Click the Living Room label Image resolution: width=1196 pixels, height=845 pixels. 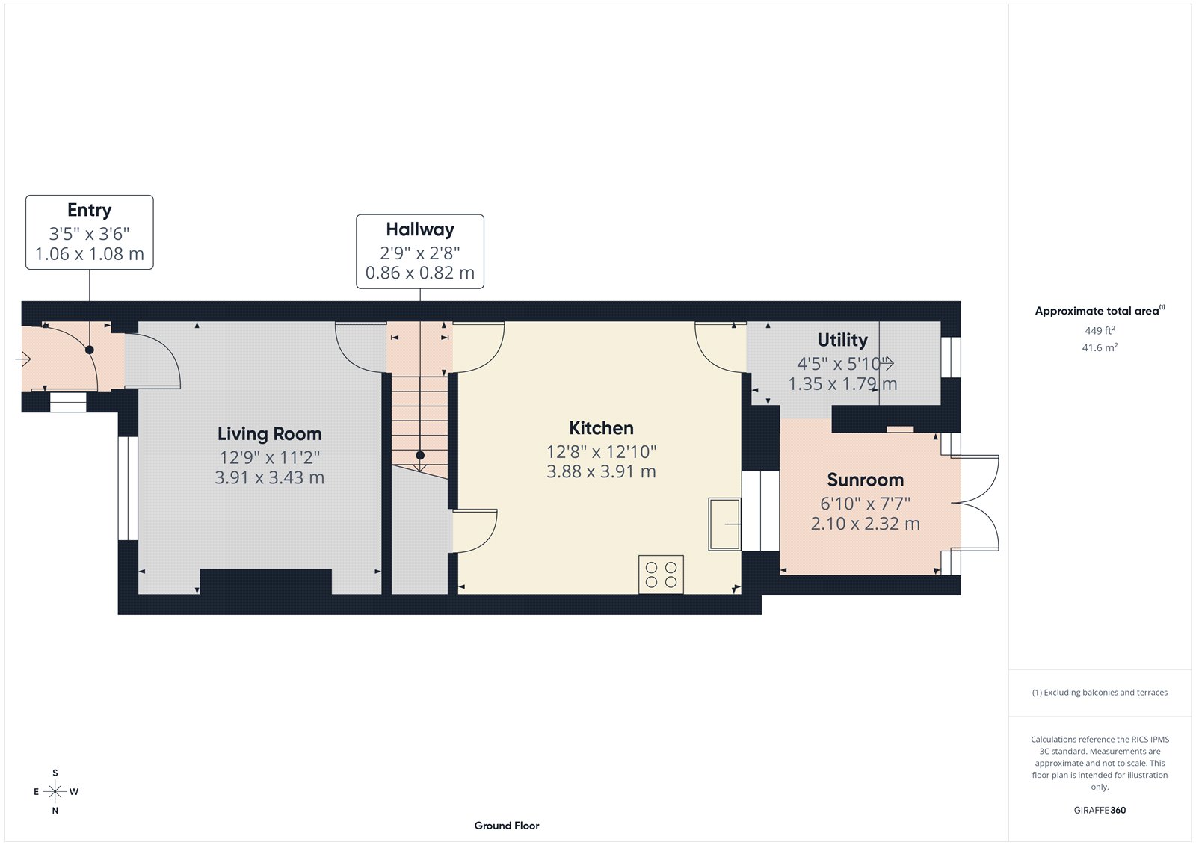click(x=269, y=434)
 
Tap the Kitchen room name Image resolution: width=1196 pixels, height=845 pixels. click(x=601, y=428)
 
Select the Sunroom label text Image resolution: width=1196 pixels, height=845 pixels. click(x=865, y=480)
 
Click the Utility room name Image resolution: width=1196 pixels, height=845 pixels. click(x=842, y=340)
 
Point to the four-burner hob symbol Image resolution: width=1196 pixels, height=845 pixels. click(x=661, y=575)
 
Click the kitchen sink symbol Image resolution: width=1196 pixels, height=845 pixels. click(x=724, y=524)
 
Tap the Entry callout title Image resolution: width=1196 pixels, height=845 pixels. click(x=89, y=211)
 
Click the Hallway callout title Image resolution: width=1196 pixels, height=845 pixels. click(x=419, y=229)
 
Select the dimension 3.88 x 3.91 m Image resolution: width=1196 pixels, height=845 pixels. click(x=601, y=471)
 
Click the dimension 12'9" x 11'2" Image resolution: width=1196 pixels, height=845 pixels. click(x=269, y=457)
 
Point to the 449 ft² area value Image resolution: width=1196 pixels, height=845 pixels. click(x=1100, y=330)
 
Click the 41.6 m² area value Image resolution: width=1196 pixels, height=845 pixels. click(x=1100, y=347)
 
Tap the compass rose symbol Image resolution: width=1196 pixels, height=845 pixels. click(x=55, y=791)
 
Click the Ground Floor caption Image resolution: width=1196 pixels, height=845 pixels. click(x=506, y=826)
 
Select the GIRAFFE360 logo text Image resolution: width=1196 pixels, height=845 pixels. click(x=1100, y=810)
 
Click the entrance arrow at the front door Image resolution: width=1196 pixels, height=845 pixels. click(x=22, y=360)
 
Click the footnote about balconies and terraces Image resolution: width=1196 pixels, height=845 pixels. click(x=1100, y=693)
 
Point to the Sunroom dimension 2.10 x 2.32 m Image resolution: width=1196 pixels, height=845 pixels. click(x=865, y=524)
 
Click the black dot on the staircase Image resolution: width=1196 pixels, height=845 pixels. click(x=420, y=455)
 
